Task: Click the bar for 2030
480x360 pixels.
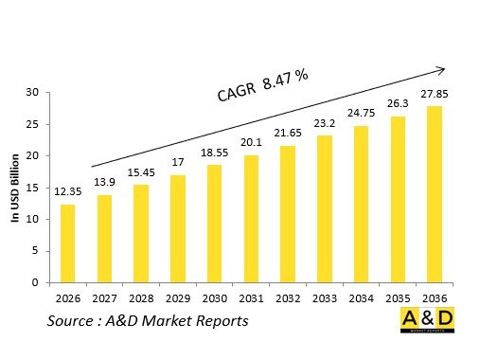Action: point(214,224)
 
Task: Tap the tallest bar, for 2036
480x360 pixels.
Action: point(435,194)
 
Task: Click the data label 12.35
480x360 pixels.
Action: point(67,193)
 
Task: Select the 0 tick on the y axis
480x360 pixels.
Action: point(35,282)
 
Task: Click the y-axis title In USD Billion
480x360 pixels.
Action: point(15,188)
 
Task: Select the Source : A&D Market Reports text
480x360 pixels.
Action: point(148,321)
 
